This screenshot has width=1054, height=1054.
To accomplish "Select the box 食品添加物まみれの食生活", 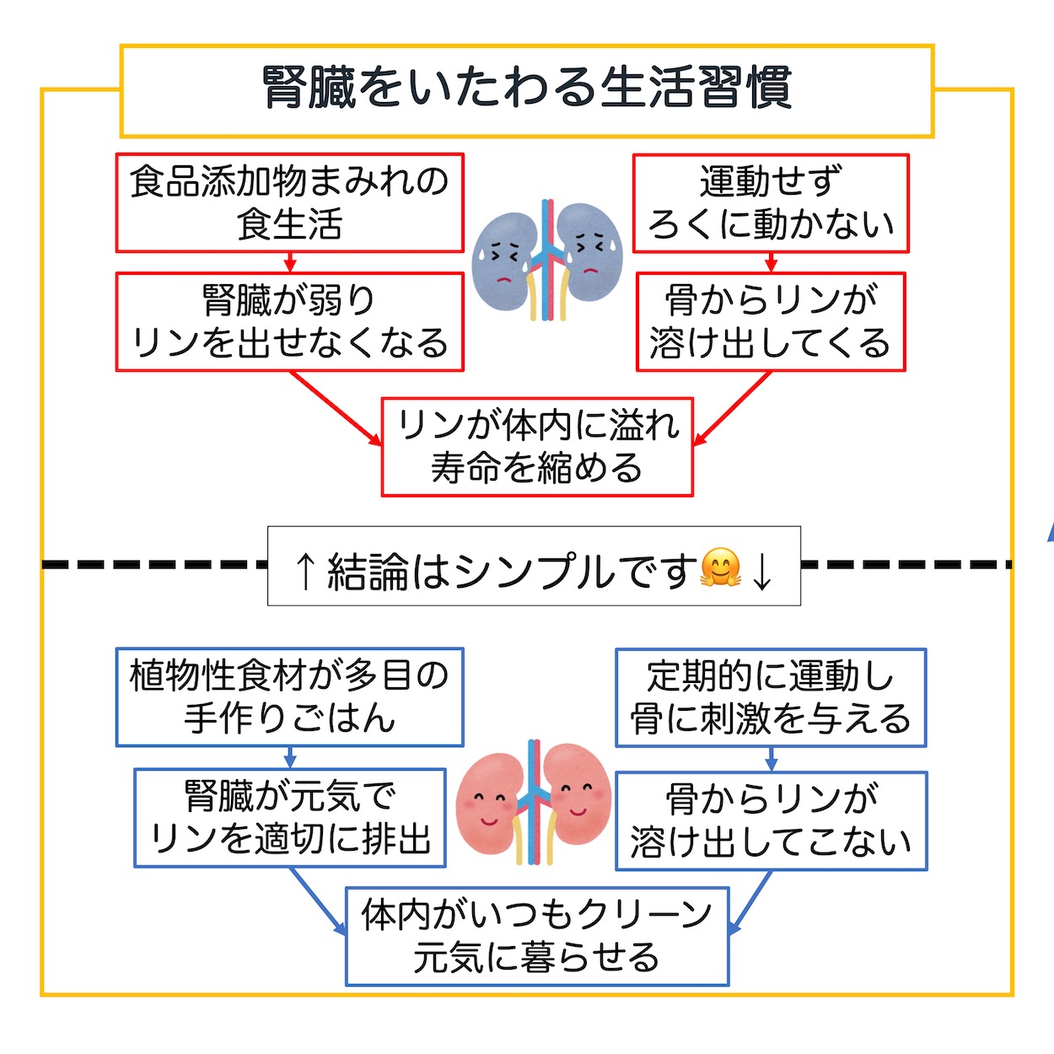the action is (290, 203).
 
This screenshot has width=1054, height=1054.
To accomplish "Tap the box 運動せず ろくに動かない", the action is (771, 203).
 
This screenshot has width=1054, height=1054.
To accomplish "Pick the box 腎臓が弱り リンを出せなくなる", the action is (290, 322).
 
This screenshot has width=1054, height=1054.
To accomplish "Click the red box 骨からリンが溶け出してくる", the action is (771, 322).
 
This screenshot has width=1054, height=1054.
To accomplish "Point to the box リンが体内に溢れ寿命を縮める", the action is (537, 447).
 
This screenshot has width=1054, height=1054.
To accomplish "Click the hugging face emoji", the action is (720, 568).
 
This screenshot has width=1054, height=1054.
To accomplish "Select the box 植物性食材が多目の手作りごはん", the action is (290, 697).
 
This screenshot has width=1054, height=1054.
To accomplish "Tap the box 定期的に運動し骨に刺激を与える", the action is (771, 698).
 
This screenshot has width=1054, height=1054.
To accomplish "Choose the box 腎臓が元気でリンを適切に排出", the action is (290, 818).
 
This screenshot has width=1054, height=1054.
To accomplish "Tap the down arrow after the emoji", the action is (762, 571).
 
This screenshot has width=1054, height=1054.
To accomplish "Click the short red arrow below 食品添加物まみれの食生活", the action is (290, 262).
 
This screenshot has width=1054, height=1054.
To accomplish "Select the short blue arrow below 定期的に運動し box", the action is (771, 759).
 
